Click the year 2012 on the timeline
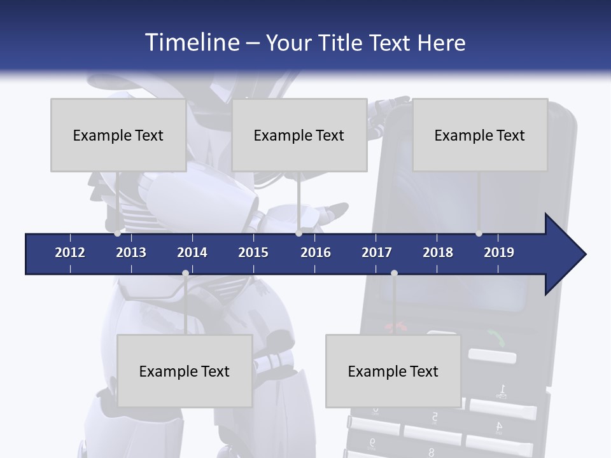tap(70, 253)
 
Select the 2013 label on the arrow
tap(131, 253)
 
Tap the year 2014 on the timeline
tap(192, 253)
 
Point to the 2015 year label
tap(253, 253)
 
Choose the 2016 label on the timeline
tap(316, 253)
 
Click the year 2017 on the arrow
tap(377, 253)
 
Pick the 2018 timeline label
tap(438, 253)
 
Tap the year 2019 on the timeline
tap(499, 253)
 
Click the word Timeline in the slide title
tap(192, 42)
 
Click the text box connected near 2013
tap(118, 135)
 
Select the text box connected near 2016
tap(299, 135)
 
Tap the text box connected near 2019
tap(480, 135)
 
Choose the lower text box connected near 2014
tap(185, 371)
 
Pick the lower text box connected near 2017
tap(393, 371)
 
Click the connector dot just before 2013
tap(118, 233)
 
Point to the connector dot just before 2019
tap(479, 233)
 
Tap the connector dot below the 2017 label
tap(394, 273)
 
